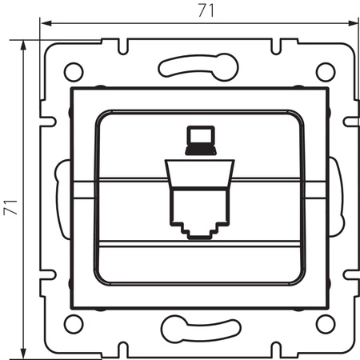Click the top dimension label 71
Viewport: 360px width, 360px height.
[x=197, y=11]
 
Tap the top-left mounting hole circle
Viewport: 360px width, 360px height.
[x=72, y=71]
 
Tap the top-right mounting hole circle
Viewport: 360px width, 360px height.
[x=324, y=71]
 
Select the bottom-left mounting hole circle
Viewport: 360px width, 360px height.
[x=72, y=323]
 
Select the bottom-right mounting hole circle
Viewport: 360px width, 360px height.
[x=324, y=323]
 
